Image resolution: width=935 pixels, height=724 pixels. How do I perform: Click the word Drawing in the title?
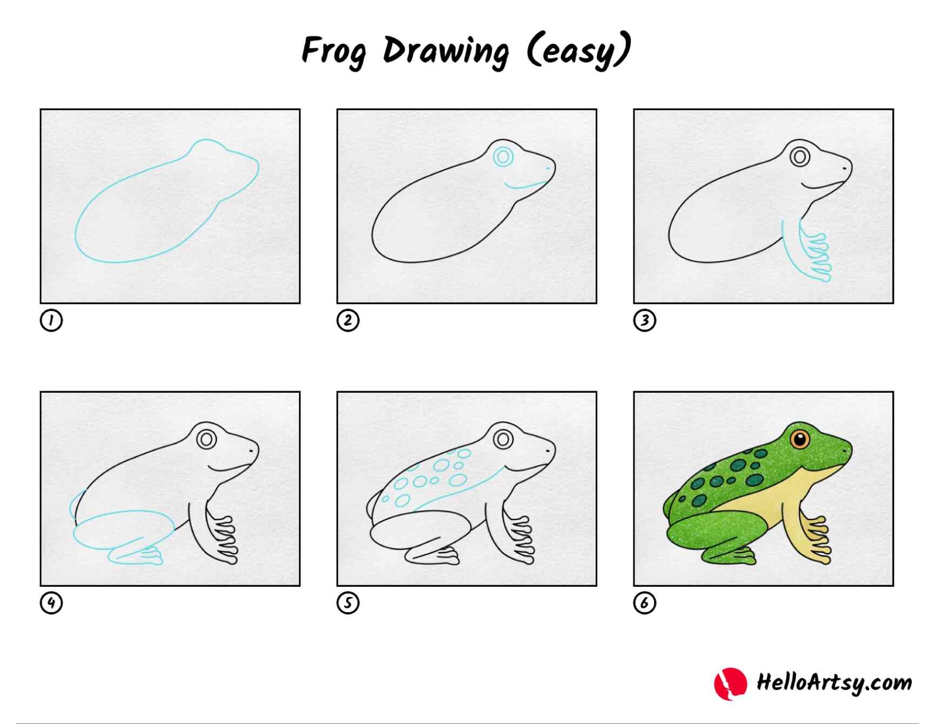pos(446,51)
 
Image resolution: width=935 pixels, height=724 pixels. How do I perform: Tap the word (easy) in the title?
pos(578,50)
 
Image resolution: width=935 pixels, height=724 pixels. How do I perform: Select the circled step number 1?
pos(51,320)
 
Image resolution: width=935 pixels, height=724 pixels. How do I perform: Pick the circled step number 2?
pos(348,320)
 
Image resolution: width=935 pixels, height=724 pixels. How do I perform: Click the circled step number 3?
pos(644,320)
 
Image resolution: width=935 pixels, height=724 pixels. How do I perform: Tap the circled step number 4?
pos(51,602)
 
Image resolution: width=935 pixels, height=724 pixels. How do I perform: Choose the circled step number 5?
pos(348,602)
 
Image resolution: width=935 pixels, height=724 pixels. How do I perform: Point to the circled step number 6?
pos(644,602)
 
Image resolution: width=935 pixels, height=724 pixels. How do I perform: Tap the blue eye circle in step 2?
pos(503,157)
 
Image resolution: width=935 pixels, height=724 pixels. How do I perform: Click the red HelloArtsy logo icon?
pos(730,683)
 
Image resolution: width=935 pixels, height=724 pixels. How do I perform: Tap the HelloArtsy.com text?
pos(833,682)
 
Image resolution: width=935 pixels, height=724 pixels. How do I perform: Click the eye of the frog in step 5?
pos(503,439)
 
